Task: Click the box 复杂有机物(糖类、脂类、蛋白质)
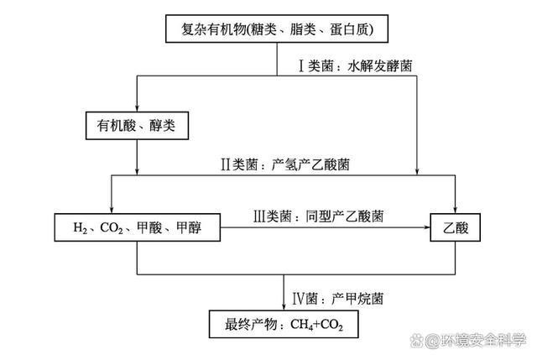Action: [277, 30]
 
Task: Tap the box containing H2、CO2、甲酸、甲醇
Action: [137, 227]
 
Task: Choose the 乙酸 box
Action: [455, 227]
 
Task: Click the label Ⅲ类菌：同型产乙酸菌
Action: [318, 215]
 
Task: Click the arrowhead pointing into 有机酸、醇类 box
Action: [137, 107]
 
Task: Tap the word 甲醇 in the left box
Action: [196, 227]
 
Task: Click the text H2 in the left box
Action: [81, 227]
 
